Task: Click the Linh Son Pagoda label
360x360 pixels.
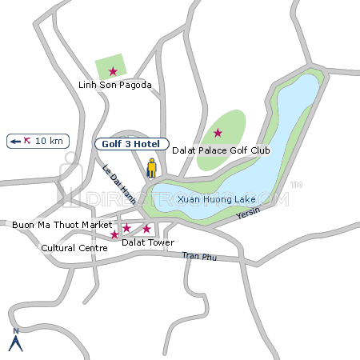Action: point(114,85)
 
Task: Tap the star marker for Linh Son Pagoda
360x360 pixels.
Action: point(113,70)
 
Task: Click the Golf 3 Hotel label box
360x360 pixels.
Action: point(132,144)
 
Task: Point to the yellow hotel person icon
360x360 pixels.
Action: point(150,169)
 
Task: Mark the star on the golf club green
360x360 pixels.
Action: point(217,132)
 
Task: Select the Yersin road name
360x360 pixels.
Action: point(250,213)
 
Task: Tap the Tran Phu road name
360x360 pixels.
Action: point(199,256)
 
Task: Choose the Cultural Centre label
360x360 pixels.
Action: point(74,248)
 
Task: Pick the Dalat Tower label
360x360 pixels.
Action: point(147,242)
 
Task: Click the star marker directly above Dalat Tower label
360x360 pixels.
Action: point(146,229)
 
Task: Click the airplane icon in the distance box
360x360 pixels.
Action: point(28,141)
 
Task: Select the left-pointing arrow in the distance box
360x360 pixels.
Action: point(14,142)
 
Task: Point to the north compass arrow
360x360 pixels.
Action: point(14,342)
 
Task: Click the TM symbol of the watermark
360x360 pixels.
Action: point(295,186)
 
